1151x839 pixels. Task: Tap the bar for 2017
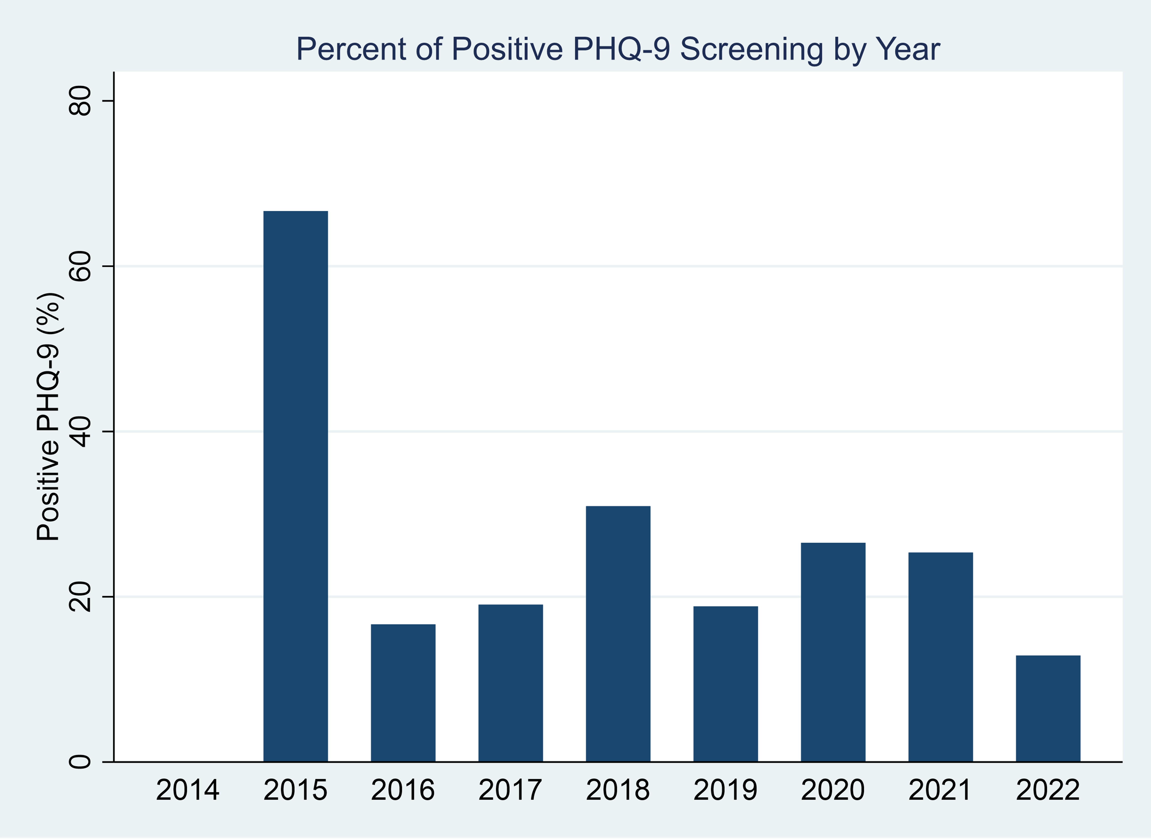[x=510, y=683]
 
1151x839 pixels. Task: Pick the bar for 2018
[x=618, y=634]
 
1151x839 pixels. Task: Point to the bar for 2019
[x=726, y=684]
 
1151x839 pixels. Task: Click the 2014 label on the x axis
[x=187, y=790]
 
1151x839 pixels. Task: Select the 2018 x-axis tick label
[x=618, y=790]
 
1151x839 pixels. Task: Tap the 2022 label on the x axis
[x=1048, y=790]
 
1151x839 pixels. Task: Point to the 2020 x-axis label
[x=833, y=790]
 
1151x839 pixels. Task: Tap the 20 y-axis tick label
[x=80, y=597]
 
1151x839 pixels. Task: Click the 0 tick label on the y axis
[x=80, y=762]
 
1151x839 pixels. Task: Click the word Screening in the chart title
[x=751, y=49]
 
